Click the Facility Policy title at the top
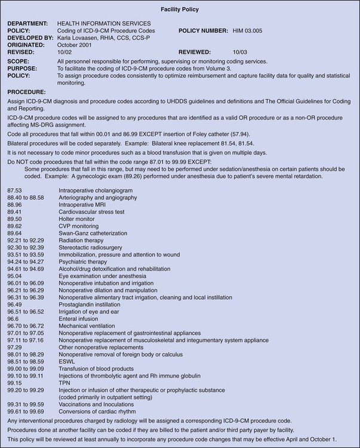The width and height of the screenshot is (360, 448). coord(180,10)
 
